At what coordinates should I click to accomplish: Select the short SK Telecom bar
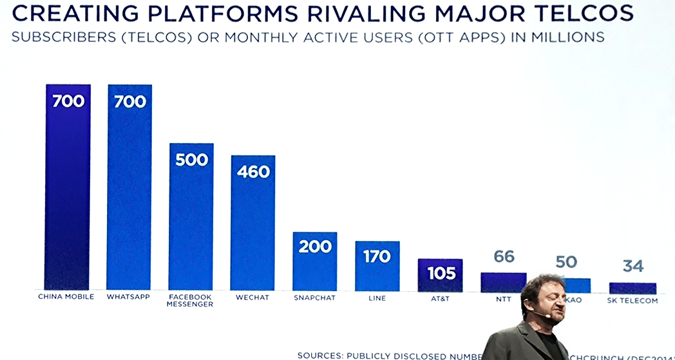632,288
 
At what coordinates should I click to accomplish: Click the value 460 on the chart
252,172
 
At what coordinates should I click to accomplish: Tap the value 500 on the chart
191,159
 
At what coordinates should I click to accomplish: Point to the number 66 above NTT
504,257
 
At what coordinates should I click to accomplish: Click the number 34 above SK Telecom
632,266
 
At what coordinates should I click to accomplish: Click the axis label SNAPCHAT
314,298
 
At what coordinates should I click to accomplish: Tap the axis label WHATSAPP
129,297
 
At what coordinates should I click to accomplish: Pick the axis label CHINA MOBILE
66,297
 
